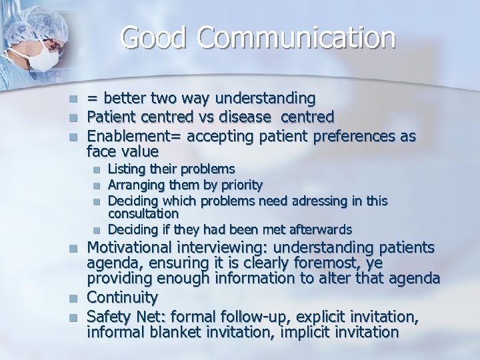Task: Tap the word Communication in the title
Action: [295, 38]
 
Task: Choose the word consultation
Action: [143, 213]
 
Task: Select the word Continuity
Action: [123, 297]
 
